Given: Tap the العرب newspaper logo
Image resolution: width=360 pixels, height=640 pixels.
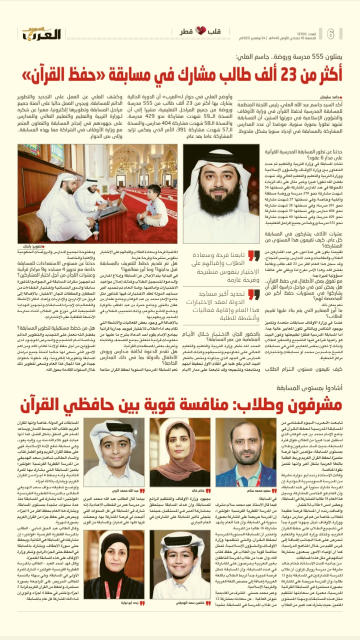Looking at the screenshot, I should (41, 34).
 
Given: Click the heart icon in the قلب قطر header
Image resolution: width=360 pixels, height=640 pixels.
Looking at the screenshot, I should (200, 32).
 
